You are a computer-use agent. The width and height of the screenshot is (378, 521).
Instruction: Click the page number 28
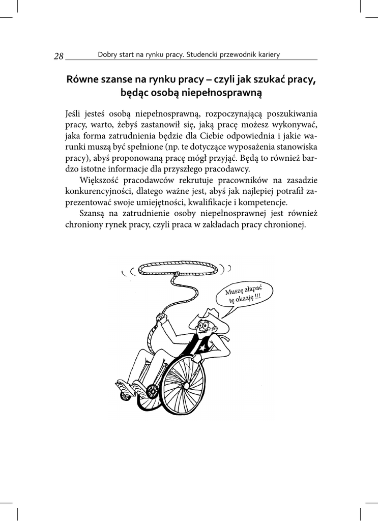click(59, 56)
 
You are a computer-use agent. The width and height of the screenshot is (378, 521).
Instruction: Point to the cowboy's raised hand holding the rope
click(162, 318)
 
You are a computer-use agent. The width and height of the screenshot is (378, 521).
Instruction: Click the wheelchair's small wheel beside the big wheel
click(152, 391)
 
